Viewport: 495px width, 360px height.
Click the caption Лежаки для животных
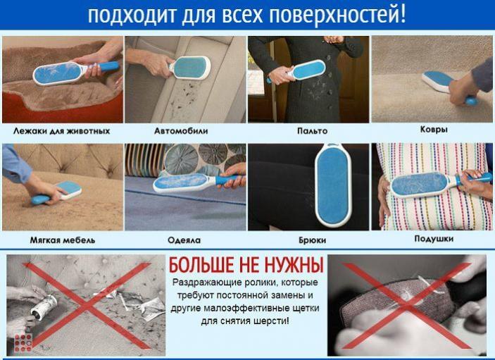click(x=61, y=131)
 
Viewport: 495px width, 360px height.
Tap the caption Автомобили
click(x=181, y=131)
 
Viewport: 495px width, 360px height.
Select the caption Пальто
click(x=312, y=131)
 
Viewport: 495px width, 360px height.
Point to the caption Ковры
click(x=434, y=130)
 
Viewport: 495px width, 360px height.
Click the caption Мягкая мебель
click(x=63, y=240)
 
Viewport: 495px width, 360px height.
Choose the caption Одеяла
click(x=184, y=240)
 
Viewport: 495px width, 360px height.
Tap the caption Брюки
click(x=312, y=240)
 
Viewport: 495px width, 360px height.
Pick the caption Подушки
click(x=434, y=239)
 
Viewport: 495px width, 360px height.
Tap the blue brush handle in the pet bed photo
click(x=108, y=66)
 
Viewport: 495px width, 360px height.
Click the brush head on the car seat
click(x=192, y=68)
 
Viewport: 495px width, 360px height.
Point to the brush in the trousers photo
click(x=333, y=185)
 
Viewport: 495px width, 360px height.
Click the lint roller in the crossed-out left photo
click(x=44, y=306)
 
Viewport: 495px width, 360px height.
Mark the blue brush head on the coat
click(x=309, y=70)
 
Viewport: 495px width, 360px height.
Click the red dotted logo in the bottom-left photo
click(x=23, y=342)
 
